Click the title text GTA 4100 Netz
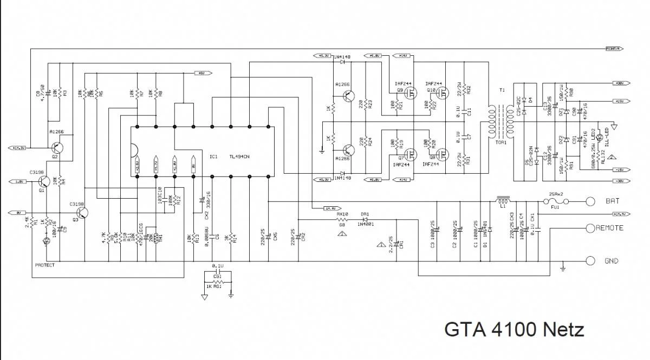tap(513, 329)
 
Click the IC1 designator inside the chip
tap(213, 156)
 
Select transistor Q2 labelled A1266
tap(57, 147)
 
